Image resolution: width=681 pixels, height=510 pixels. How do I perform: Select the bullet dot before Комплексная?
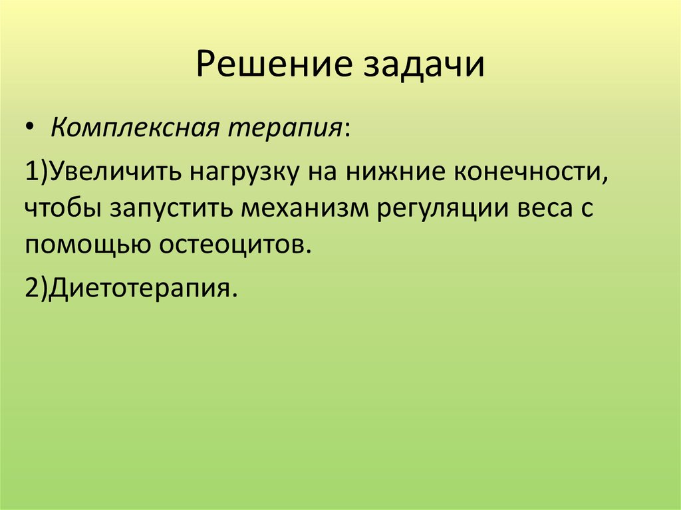pyautogui.click(x=33, y=127)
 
